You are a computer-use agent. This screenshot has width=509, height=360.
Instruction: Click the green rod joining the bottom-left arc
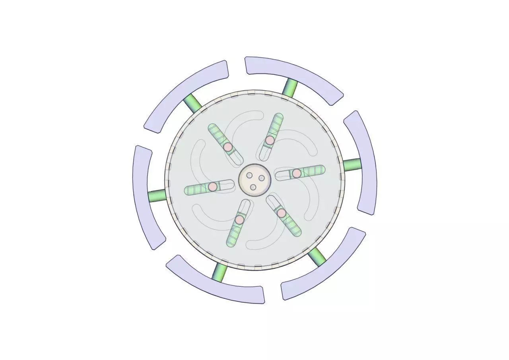point(220,272)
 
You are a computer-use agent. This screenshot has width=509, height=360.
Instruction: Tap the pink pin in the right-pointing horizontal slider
point(297,173)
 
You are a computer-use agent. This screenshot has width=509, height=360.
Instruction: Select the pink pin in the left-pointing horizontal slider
point(213,186)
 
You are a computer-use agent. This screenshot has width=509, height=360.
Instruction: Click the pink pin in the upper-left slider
point(227,147)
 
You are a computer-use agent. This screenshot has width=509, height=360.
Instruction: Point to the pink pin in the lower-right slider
point(282,213)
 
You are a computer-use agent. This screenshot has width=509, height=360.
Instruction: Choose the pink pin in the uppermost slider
point(270,140)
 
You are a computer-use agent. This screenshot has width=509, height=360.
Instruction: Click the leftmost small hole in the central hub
point(249,175)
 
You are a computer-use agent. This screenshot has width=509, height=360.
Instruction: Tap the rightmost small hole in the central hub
point(262,178)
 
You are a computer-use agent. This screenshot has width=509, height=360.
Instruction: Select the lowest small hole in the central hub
point(253,187)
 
